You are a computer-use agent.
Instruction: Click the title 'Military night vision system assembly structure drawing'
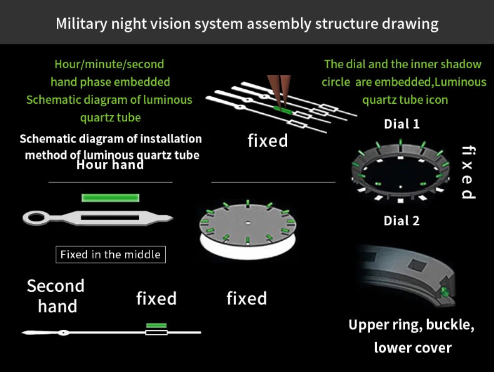coord(247,24)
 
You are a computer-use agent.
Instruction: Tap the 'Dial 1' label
coord(401,124)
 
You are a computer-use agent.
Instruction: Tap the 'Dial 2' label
coord(401,221)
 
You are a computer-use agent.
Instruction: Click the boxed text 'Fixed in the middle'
coord(111,254)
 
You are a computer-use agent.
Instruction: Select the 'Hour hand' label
coord(110,165)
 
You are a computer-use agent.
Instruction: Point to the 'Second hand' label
coord(56,296)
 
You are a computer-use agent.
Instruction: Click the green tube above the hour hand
coord(110,198)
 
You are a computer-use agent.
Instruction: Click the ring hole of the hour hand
coord(36,218)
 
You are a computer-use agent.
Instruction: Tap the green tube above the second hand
coord(156,325)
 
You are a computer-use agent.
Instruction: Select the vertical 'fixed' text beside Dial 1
coord(468,172)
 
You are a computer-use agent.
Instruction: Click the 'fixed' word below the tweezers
coord(268,141)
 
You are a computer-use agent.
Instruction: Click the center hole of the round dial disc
coord(248,223)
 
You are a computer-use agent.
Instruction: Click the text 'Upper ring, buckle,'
coord(411,325)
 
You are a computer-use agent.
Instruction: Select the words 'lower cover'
coord(413,348)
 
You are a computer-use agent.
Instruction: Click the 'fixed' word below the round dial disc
coord(246,298)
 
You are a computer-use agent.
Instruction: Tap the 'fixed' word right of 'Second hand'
coord(156,298)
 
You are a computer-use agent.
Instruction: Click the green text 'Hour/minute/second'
coord(109,64)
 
